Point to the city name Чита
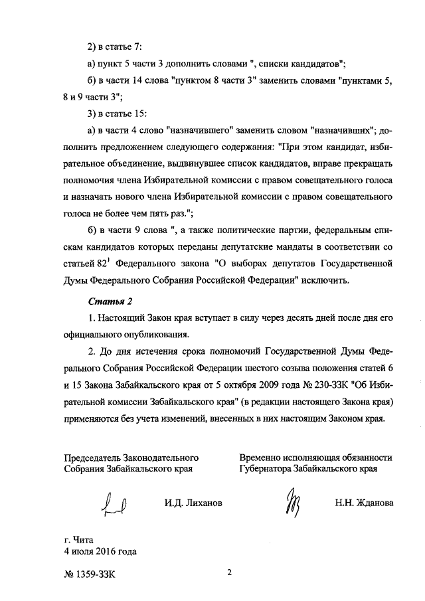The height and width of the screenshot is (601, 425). click(x=86, y=539)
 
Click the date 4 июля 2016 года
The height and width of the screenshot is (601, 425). click(x=100, y=551)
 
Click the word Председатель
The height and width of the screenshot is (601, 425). click(x=96, y=457)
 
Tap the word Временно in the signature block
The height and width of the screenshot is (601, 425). click(x=263, y=457)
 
